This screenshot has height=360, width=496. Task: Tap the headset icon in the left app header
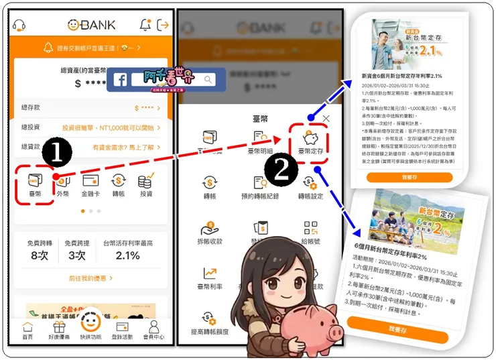click(x=19, y=25)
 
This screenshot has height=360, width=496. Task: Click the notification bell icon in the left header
click(x=145, y=25)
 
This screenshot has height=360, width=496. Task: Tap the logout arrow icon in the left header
click(x=163, y=25)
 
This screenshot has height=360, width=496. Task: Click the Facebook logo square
click(x=121, y=80)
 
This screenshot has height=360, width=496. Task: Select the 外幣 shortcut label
click(x=62, y=194)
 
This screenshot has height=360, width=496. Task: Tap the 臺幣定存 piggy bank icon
click(x=310, y=139)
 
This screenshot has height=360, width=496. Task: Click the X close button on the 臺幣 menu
click(x=326, y=119)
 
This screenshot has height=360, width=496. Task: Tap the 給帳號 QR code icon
click(x=310, y=228)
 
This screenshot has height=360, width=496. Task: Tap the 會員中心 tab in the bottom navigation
click(x=154, y=331)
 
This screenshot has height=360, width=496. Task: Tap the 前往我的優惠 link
click(x=90, y=278)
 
